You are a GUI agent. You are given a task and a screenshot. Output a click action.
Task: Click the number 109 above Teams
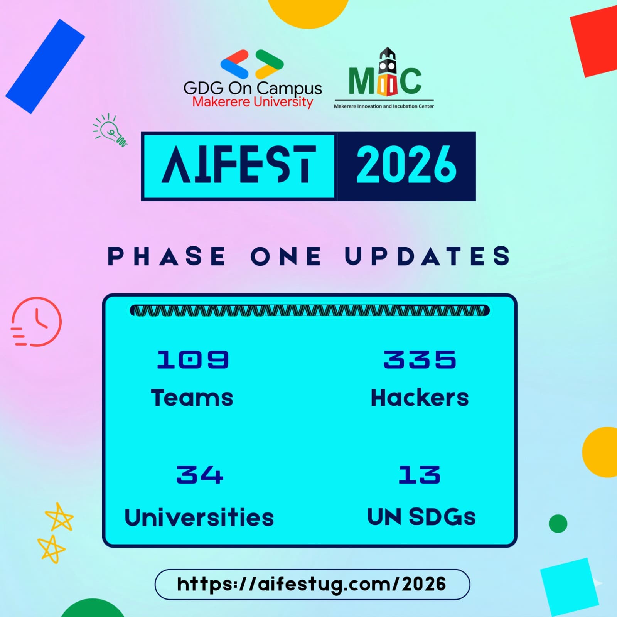tap(193, 359)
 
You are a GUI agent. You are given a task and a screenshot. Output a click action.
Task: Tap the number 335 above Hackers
tap(420, 359)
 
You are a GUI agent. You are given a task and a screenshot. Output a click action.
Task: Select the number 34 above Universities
tap(200, 474)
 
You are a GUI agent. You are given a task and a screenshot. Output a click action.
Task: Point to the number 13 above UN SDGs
tap(420, 474)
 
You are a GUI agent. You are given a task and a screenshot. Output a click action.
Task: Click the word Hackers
tap(420, 398)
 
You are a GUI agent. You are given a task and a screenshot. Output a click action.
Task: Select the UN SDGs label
tap(421, 517)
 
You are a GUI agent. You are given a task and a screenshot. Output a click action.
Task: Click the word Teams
tap(192, 398)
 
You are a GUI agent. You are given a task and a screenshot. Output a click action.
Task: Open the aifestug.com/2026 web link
tap(312, 584)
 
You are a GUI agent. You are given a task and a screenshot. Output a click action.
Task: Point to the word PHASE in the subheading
tap(167, 256)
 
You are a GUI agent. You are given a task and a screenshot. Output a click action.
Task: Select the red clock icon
tap(36, 322)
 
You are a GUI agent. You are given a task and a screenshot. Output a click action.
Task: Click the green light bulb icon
tap(110, 130)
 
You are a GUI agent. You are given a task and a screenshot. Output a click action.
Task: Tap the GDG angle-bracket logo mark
tap(252, 64)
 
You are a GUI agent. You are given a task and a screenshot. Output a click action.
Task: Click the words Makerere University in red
tap(253, 102)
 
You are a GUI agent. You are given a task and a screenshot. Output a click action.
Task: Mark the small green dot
tap(558, 524)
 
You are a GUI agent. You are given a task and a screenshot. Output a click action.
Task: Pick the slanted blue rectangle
tap(45, 66)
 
